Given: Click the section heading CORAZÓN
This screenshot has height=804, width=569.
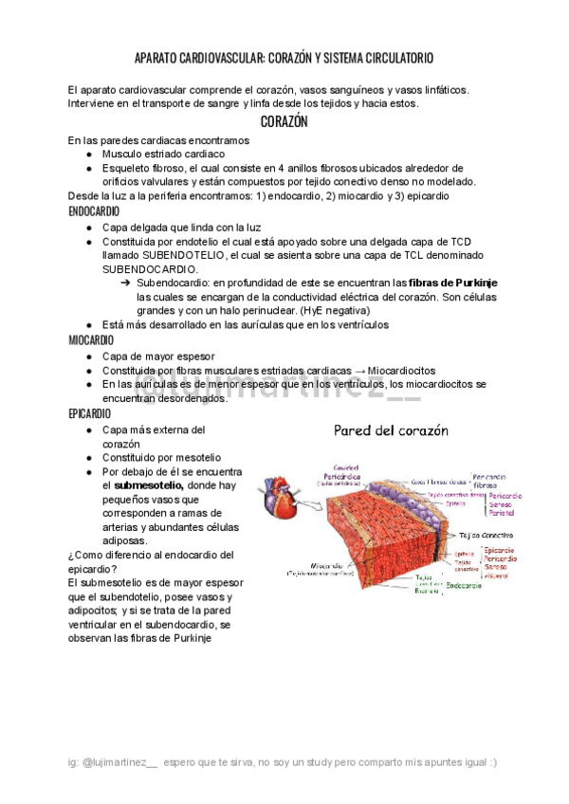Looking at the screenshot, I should (x=284, y=122).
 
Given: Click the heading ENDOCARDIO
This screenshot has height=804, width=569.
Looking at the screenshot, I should (x=94, y=211).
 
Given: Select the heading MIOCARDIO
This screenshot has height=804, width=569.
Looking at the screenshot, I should (x=91, y=339).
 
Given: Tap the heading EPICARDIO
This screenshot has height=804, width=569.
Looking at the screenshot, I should (x=90, y=414).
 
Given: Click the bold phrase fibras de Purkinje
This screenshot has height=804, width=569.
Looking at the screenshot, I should (x=453, y=283).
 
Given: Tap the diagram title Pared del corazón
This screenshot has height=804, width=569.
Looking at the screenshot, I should (x=391, y=430).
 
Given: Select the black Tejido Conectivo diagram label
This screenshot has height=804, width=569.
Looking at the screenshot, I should (x=482, y=534).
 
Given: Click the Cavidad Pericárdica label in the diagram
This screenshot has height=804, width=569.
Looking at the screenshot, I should (x=340, y=471).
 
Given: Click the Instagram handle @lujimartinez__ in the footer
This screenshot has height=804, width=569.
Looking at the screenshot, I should (x=119, y=762).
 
